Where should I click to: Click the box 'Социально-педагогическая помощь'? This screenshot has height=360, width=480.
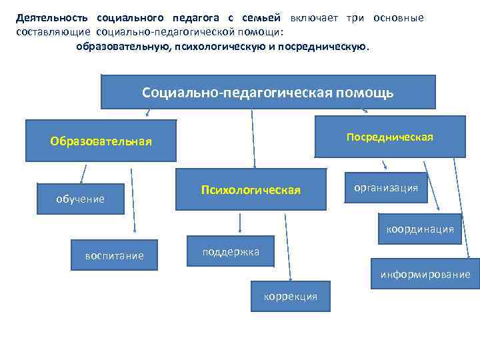[x=268, y=92]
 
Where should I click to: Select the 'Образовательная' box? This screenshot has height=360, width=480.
[x=101, y=141]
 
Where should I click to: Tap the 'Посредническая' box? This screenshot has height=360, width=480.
[x=389, y=137]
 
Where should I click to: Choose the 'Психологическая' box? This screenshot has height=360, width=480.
[x=251, y=191]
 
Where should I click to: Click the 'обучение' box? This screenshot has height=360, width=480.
[x=81, y=199]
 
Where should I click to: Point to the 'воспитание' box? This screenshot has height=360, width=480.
[x=114, y=255]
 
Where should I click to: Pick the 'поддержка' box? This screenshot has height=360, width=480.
[x=230, y=251]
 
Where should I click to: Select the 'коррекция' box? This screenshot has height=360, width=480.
[x=291, y=297]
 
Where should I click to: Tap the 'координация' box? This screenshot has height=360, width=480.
[x=420, y=229]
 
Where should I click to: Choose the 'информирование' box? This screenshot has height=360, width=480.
[x=425, y=274]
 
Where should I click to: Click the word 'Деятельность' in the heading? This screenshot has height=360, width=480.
[x=52, y=17]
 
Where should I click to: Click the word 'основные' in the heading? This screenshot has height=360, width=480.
[x=398, y=17]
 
